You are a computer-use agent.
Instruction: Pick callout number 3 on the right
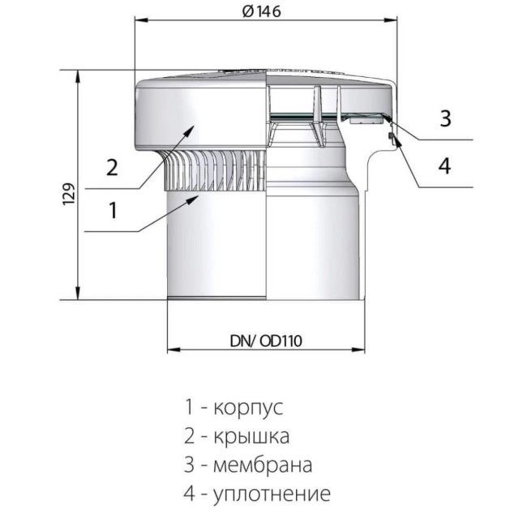tap(444, 118)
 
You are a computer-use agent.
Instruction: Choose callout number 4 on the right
tap(444, 165)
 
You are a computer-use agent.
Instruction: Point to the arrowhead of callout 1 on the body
tap(195, 197)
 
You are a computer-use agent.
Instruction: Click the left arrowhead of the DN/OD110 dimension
tap(171, 350)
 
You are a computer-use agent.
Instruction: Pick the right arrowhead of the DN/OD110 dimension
tap(359, 350)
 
